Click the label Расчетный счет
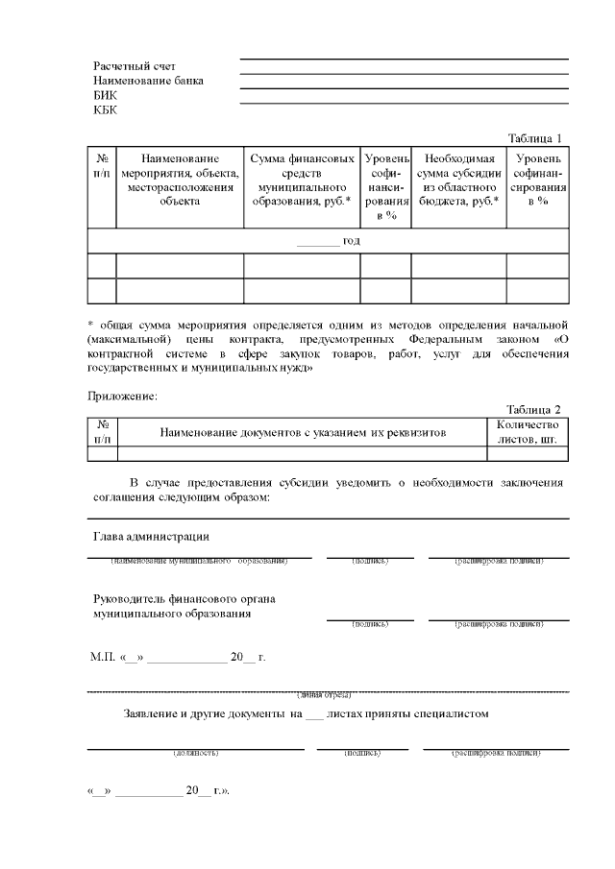[x=135, y=66]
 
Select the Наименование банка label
[x=148, y=81]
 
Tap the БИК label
[x=105, y=95]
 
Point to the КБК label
[x=105, y=109]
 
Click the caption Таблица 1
[x=533, y=138]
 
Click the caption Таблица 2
[x=533, y=409]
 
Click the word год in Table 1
[x=351, y=240]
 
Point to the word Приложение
[x=122, y=395]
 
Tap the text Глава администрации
[x=151, y=536]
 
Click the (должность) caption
[x=195, y=753]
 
